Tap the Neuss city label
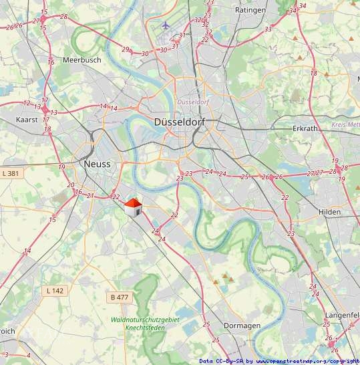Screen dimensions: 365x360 pos(98,164)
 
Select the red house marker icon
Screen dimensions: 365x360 pos(134,207)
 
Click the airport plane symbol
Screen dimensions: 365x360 pos(166,25)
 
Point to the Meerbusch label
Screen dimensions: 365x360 pos(81,59)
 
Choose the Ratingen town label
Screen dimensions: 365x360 pos(250,11)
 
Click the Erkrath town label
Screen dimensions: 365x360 pos(308,128)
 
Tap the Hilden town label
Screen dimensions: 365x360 pos(329,211)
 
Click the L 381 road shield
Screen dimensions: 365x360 pos(12,174)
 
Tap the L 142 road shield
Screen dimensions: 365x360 pos(55,291)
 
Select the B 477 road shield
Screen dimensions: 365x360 pos(120,297)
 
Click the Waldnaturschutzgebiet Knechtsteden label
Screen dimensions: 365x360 pos(146,324)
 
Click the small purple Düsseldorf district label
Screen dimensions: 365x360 pos(194,102)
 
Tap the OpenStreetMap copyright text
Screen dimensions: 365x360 pos(280,361)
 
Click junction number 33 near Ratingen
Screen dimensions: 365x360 pos(268,29)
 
